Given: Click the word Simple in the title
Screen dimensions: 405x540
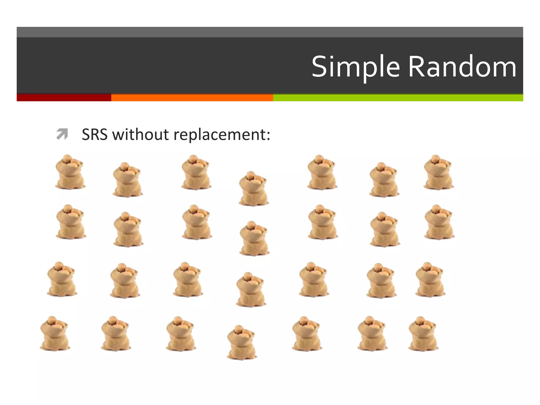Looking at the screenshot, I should point(356,67).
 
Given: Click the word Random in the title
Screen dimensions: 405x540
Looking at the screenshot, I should point(462,67).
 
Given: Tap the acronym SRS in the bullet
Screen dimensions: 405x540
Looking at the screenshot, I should point(95,134).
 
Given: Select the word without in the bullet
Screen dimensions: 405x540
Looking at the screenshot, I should point(141,134).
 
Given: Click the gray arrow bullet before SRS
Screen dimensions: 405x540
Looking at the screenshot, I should point(62,134).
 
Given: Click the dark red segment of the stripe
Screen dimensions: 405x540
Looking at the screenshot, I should point(64,98).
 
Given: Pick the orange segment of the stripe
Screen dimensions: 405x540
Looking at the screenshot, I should point(192,98).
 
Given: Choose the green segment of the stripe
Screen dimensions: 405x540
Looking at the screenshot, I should point(398,98).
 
